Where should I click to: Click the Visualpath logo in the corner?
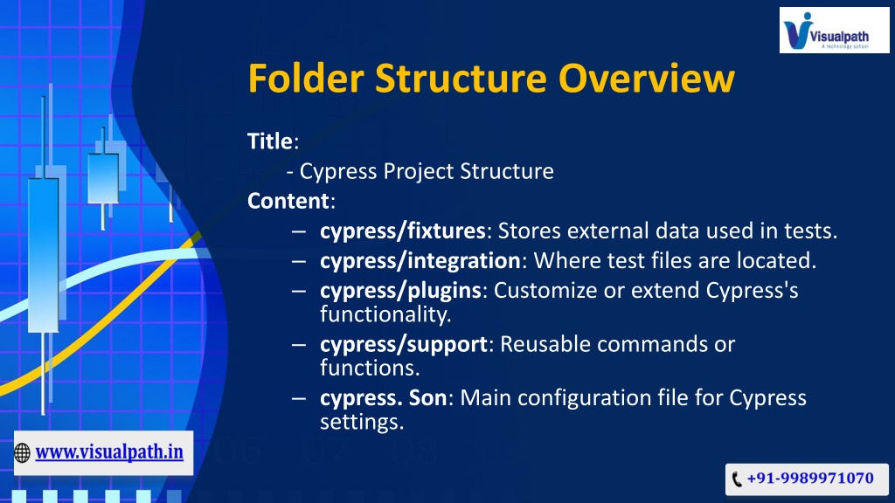pyautogui.click(x=834, y=31)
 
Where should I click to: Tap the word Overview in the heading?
pyautogui.click(x=646, y=78)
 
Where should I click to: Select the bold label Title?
pyautogui.click(x=270, y=141)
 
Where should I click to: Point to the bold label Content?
pyautogui.click(x=288, y=201)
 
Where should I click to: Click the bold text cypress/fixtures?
pyautogui.click(x=402, y=231)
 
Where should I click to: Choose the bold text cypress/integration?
pyautogui.click(x=420, y=260)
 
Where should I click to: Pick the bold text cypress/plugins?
pyautogui.click(x=400, y=290)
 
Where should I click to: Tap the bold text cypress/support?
pyautogui.click(x=404, y=344)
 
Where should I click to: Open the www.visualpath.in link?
pyautogui.click(x=109, y=452)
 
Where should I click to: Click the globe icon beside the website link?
pyautogui.click(x=22, y=453)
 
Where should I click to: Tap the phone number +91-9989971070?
pyautogui.click(x=810, y=478)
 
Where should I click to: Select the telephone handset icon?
pyautogui.click(x=737, y=479)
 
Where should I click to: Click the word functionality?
pyautogui.click(x=385, y=314)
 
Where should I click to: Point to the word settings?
pyautogui.click(x=362, y=422)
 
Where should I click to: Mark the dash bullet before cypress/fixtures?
pyautogui.click(x=299, y=231)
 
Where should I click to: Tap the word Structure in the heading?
pyautogui.click(x=461, y=78)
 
